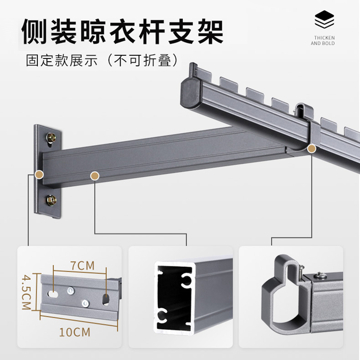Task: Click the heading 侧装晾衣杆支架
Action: (x=122, y=31)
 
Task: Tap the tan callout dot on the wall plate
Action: (x=39, y=174)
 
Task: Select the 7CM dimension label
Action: (x=81, y=265)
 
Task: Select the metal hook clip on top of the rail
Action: (x=302, y=110)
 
